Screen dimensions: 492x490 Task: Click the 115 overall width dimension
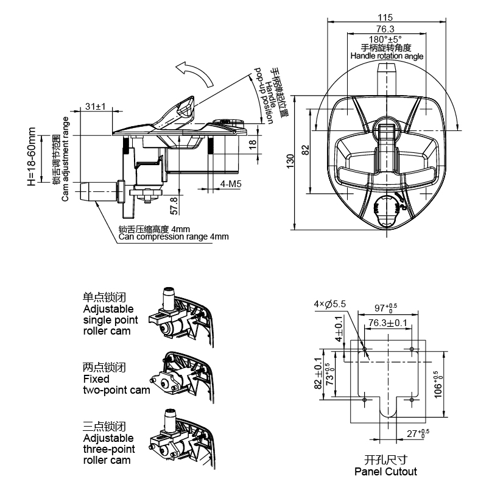tap(385, 17)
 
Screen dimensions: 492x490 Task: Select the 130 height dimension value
tap(290, 161)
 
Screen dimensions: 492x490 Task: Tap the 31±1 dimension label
tap(96, 107)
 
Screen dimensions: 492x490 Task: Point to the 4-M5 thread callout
tap(231, 184)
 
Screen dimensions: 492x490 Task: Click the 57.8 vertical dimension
tap(174, 205)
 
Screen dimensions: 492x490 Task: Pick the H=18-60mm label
tap(32, 157)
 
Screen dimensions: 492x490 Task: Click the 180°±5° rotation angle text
tap(385, 40)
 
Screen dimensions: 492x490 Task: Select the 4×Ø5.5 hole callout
tap(330, 304)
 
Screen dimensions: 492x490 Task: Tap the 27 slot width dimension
tap(418, 433)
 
